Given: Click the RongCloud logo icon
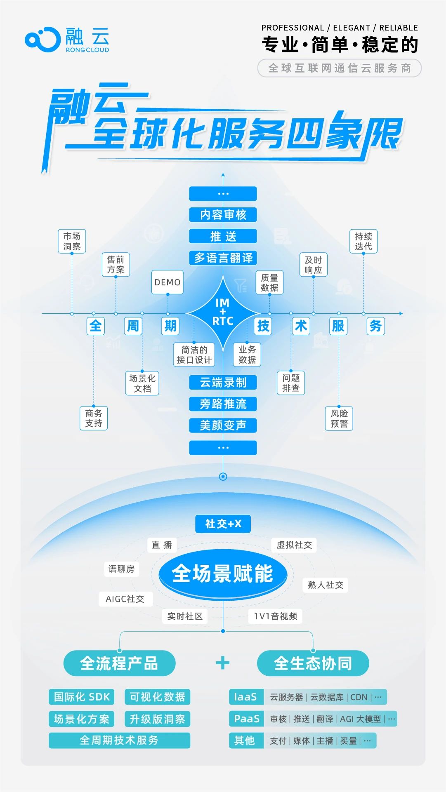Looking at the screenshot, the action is [42, 40].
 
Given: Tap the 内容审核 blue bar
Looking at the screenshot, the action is [223, 214].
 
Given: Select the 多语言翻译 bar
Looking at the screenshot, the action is [223, 258].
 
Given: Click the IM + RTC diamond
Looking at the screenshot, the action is [223, 313].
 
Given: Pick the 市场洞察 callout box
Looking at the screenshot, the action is [72, 241].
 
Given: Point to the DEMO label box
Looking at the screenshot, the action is [168, 282].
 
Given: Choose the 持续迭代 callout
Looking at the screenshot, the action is [363, 241].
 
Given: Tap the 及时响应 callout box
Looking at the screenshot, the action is [313, 265].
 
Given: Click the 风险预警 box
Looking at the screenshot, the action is [339, 418].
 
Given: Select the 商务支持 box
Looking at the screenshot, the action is [94, 418].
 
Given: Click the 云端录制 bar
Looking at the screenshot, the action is [223, 383].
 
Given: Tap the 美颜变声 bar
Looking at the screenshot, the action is [223, 425].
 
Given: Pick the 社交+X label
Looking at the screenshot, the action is [223, 524].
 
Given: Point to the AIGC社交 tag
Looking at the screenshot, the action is [125, 599].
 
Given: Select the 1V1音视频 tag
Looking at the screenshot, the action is [275, 616].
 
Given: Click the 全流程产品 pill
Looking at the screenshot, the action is [119, 663].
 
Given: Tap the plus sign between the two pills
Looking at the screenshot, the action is [223, 663].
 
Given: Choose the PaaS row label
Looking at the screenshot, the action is [246, 719].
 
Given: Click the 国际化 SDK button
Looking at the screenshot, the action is [82, 697].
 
